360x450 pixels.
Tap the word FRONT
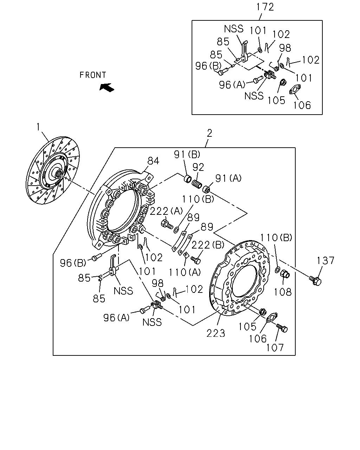(93, 75)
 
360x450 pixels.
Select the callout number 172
(265, 7)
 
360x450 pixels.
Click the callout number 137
(326, 261)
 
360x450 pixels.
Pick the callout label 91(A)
(229, 178)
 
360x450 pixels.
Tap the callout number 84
(153, 161)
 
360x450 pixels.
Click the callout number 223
(216, 333)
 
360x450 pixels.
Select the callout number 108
(283, 292)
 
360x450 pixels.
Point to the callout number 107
(275, 348)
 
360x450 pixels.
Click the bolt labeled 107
(282, 328)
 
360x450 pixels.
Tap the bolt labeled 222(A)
(167, 224)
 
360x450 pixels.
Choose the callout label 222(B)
(208, 245)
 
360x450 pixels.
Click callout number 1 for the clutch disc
(38, 127)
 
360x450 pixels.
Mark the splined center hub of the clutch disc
(59, 173)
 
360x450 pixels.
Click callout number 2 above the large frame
(210, 133)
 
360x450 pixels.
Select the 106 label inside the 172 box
(302, 105)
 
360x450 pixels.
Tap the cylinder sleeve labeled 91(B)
(187, 179)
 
